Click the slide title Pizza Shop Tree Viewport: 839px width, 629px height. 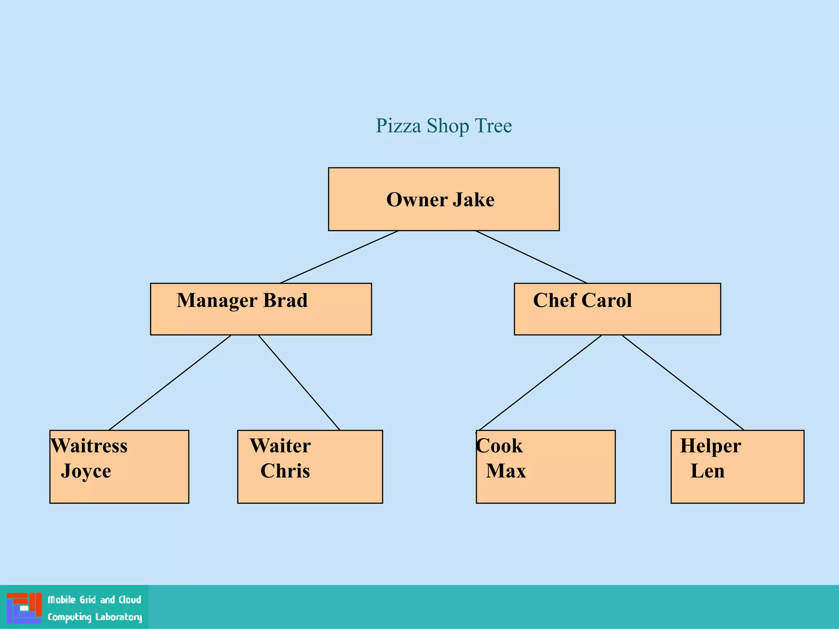pyautogui.click(x=444, y=126)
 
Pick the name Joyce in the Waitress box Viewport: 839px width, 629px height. pyautogui.click(x=86, y=471)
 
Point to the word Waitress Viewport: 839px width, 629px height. pyautogui.click(x=89, y=446)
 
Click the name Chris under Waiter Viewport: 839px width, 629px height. pyautogui.click(x=285, y=471)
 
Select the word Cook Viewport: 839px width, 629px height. pyautogui.click(x=500, y=446)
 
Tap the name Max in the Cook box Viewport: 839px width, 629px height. pyautogui.click(x=506, y=471)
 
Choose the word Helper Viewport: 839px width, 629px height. pyautogui.click(x=710, y=446)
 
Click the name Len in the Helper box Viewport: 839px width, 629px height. pyautogui.click(x=707, y=471)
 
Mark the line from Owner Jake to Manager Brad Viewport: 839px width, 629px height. pyautogui.click(x=339, y=257)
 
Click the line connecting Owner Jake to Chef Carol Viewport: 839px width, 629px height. pyautogui.click(x=531, y=257)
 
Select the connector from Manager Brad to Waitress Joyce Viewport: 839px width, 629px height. pyautogui.click(x=170, y=382)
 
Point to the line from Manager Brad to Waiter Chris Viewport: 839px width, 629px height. pyautogui.click(x=299, y=382)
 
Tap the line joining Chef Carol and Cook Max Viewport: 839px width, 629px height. pyautogui.click(x=541, y=382)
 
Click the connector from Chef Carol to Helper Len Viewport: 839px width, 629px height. pyautogui.click(x=683, y=382)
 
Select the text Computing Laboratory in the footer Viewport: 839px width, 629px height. pyautogui.click(x=95, y=617)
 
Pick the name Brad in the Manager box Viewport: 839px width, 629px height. pyautogui.click(x=285, y=301)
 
